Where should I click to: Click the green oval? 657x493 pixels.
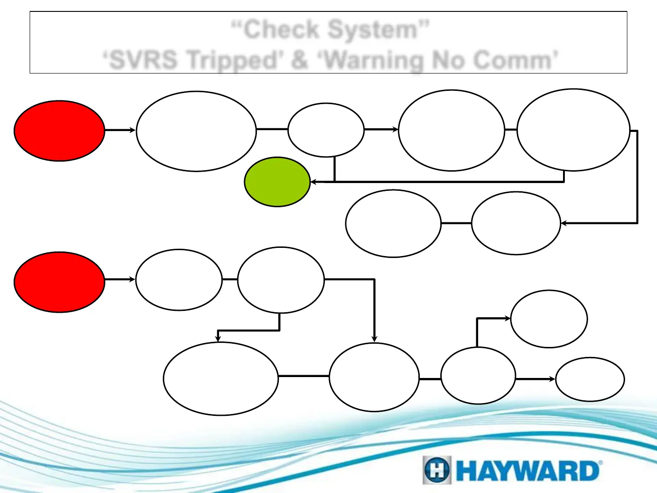[277, 182]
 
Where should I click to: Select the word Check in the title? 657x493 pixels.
[281, 30]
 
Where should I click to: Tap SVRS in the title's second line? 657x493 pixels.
[143, 60]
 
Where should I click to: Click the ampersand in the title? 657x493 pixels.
[299, 60]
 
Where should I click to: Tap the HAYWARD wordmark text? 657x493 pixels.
[527, 471]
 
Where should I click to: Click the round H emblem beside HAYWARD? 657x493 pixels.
[437, 470]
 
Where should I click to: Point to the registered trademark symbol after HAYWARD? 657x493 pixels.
[600, 463]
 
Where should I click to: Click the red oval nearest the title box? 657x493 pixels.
[59, 131]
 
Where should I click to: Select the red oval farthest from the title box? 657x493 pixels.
[59, 282]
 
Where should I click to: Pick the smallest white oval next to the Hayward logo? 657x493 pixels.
[589, 379]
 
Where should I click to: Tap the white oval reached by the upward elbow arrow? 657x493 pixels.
[549, 319]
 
